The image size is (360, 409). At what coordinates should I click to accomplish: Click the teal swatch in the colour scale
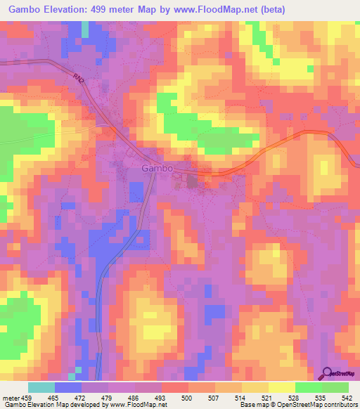coord(41,387)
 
